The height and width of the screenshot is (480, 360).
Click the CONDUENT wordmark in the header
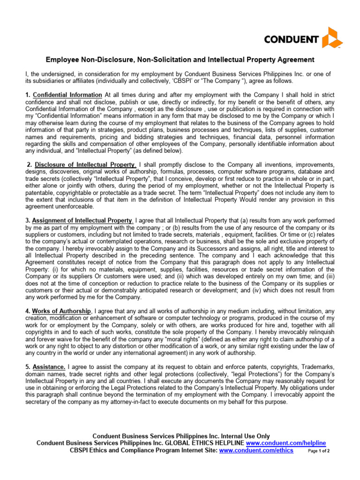click(x=291, y=39)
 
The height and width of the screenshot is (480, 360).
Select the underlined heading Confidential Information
click(x=67, y=95)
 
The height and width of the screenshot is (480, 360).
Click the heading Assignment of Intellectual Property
click(x=82, y=220)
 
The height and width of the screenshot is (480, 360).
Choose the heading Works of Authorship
click(x=61, y=311)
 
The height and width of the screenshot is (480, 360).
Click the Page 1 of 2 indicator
click(x=319, y=451)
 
